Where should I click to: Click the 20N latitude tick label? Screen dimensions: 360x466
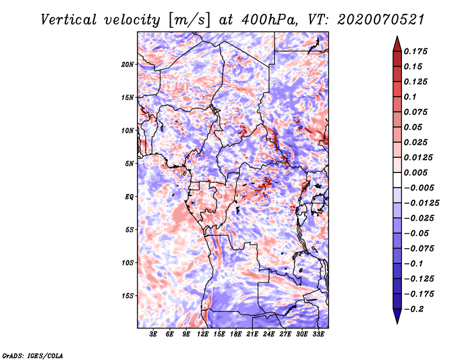128,64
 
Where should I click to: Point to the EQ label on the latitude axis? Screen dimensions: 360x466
129,196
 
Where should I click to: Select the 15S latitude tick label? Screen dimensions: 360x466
128,295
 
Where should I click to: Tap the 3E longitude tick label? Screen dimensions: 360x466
154,334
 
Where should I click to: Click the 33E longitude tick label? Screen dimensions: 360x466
318,334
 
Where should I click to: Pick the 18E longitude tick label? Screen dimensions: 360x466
236,334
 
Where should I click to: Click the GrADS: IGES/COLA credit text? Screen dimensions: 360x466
33,355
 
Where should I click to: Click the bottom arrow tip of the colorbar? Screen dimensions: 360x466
397,322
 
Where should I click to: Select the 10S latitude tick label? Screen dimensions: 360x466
128,263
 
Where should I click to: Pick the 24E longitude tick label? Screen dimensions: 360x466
269,334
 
